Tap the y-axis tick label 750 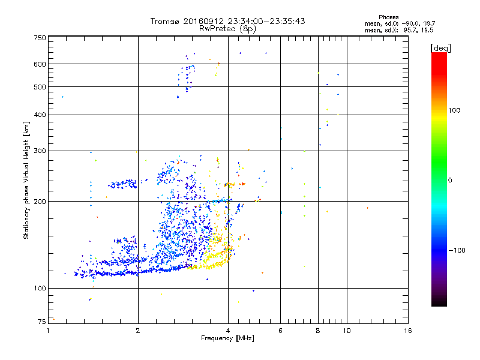pyautogui.click(x=40, y=38)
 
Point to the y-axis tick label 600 pyautogui.click(x=40, y=64)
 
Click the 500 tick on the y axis pyautogui.click(x=40, y=87)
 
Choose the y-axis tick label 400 pyautogui.click(x=40, y=115)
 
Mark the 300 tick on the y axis pyautogui.click(x=40, y=151)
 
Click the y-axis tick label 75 pyautogui.click(x=41, y=322)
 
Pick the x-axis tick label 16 pyautogui.click(x=407, y=331)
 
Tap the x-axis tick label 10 pyautogui.click(x=346, y=331)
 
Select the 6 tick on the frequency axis pyautogui.click(x=280, y=331)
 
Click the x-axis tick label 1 pyautogui.click(x=48, y=331)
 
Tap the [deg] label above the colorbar pyautogui.click(x=440, y=47)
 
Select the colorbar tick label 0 pyautogui.click(x=450, y=180)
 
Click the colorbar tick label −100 pyautogui.click(x=457, y=250)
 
